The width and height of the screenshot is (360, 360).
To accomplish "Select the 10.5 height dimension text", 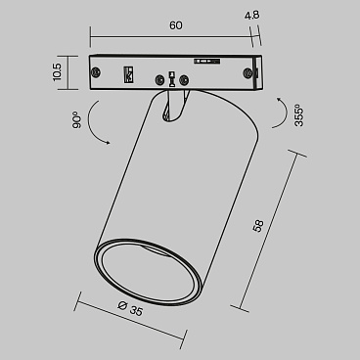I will [x=58, y=73].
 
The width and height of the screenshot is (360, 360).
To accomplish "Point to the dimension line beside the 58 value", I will [x=269, y=233].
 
